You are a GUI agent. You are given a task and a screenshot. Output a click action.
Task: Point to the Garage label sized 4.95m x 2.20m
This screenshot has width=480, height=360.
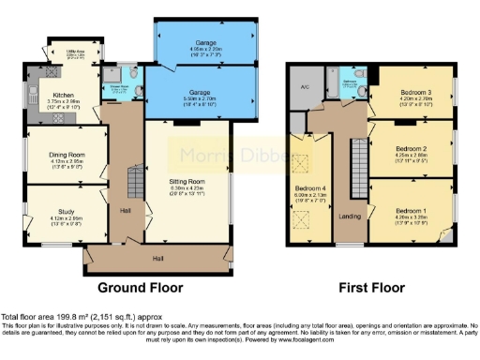[x=205, y=44]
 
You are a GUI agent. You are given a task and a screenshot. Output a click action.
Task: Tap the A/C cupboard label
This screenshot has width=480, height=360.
[x=305, y=87]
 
